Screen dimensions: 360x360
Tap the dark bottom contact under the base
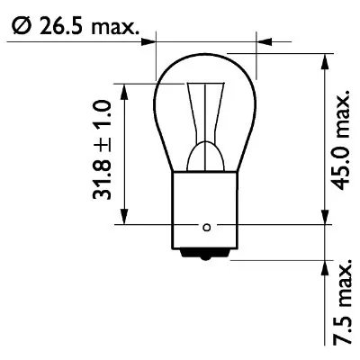(207, 256)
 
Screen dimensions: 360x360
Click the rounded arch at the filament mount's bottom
(207, 151)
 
